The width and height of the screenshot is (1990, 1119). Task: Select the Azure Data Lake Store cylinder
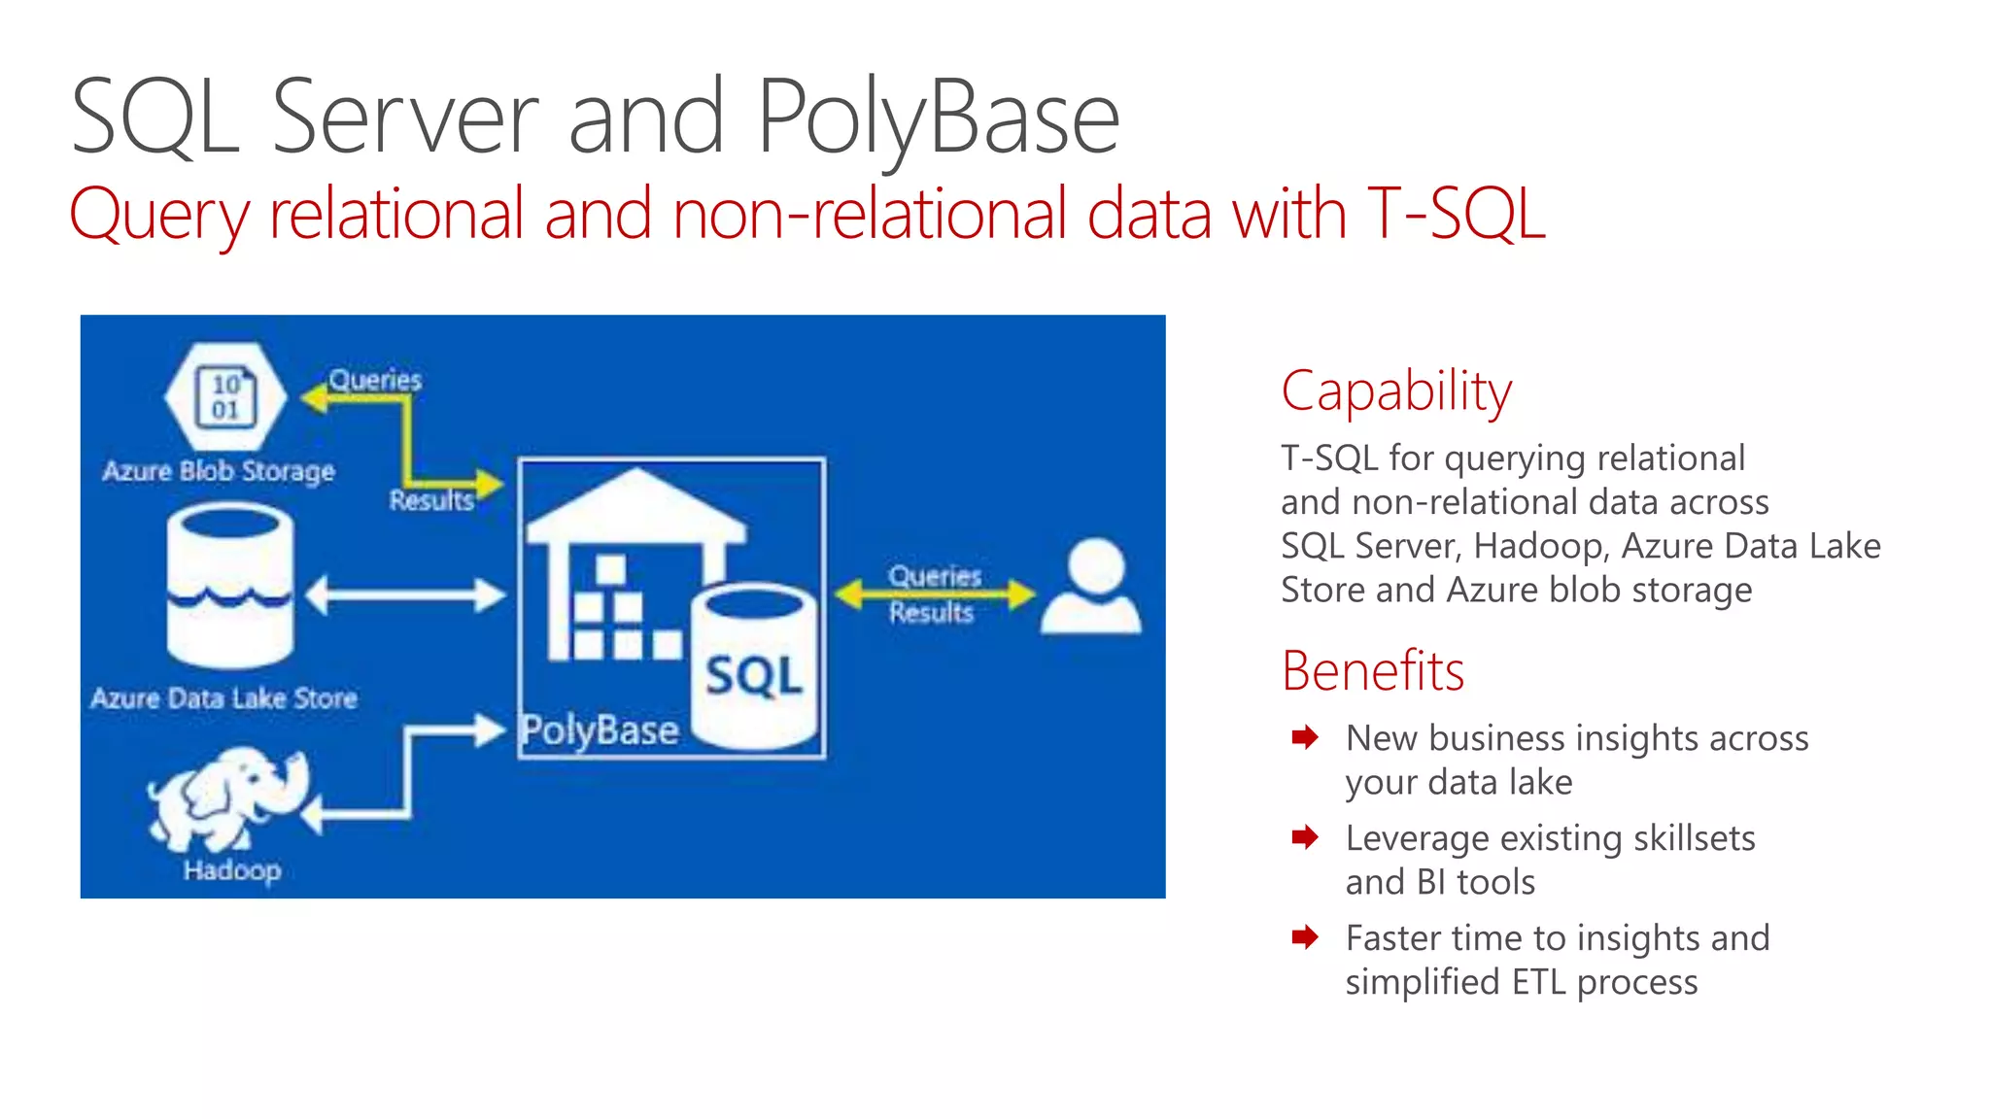(230, 587)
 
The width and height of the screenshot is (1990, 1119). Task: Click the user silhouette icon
(1092, 587)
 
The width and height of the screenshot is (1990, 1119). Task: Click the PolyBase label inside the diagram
(600, 730)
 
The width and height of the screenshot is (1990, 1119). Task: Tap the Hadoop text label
(232, 869)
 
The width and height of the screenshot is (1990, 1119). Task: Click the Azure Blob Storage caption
(219, 471)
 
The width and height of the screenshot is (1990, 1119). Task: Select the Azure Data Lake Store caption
(223, 698)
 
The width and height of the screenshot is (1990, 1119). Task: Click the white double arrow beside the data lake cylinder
(406, 594)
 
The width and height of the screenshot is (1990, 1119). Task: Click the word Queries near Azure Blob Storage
(375, 380)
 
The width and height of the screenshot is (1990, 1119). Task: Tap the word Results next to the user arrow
(931, 613)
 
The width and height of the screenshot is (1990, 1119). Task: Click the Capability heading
(1396, 391)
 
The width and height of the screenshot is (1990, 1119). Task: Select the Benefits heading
(1372, 671)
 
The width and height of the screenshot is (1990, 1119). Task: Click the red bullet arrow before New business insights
(1305, 737)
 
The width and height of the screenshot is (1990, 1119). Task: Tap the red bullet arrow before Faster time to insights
(1305, 937)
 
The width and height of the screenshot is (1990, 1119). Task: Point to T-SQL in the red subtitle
(1455, 215)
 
